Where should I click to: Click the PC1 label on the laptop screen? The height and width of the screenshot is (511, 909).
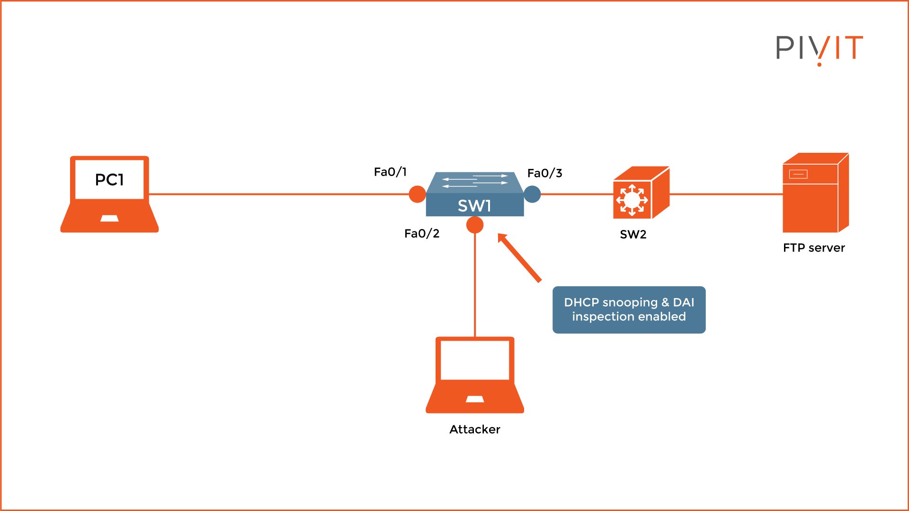click(x=109, y=180)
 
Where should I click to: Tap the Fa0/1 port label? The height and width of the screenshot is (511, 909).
click(x=390, y=172)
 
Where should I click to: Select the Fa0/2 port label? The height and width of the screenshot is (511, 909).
click(x=421, y=233)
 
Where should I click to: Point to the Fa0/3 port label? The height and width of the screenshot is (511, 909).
click(x=544, y=173)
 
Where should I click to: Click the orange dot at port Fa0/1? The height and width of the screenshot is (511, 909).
click(x=417, y=194)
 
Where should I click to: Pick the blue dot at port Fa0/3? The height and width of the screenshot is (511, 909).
click(x=532, y=194)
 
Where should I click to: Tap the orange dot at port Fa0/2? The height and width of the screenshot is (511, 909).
click(x=475, y=225)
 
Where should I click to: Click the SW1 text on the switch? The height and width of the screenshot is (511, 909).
click(x=474, y=206)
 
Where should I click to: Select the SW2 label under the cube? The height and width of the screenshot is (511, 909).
click(x=633, y=234)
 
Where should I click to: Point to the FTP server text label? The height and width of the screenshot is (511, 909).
click(x=813, y=248)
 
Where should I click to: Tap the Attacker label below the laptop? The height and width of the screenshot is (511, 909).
click(x=474, y=429)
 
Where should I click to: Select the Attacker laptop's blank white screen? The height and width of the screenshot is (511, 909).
click(x=474, y=360)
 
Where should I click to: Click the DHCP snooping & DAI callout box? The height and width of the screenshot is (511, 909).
click(x=629, y=309)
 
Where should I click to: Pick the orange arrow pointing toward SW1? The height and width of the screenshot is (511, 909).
click(x=519, y=258)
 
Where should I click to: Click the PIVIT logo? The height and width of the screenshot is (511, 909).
click(x=819, y=48)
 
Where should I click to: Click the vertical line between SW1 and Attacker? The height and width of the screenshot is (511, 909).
click(x=475, y=284)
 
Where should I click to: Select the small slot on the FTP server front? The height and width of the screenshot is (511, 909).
click(x=798, y=174)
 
